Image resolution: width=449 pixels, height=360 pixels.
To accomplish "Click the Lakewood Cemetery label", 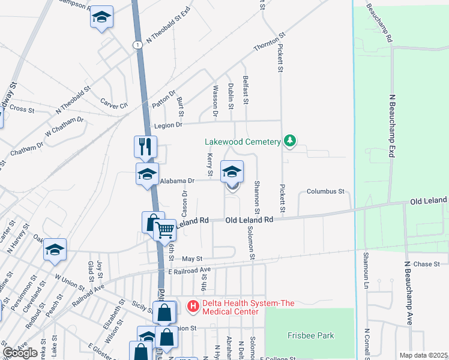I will pyautogui.click(x=243, y=142).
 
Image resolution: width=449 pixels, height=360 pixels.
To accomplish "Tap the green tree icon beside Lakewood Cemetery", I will pyautogui.click(x=290, y=141).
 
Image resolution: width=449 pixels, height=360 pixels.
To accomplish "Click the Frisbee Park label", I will pyautogui.click(x=310, y=335).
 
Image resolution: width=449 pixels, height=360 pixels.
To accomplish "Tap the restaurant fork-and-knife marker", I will pyautogui.click(x=146, y=146).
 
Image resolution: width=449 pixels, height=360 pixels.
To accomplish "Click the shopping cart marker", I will pyautogui.click(x=164, y=229).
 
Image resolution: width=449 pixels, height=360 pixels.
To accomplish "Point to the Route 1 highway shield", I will pyautogui.click(x=138, y=45).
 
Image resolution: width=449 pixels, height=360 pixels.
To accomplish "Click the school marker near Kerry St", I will pyautogui.click(x=232, y=173).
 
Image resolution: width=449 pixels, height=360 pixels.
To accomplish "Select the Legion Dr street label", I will pyautogui.click(x=167, y=125).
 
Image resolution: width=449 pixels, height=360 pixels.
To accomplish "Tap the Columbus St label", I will pyautogui.click(x=325, y=191).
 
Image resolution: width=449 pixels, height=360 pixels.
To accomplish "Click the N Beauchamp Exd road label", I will pyautogui.click(x=394, y=126).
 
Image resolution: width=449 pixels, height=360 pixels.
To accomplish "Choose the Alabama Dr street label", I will pyautogui.click(x=176, y=180).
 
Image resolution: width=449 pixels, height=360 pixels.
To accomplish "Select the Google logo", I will pyautogui.click(x=20, y=353).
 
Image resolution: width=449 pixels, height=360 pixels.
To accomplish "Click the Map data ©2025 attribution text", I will pyautogui.click(x=423, y=355).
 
